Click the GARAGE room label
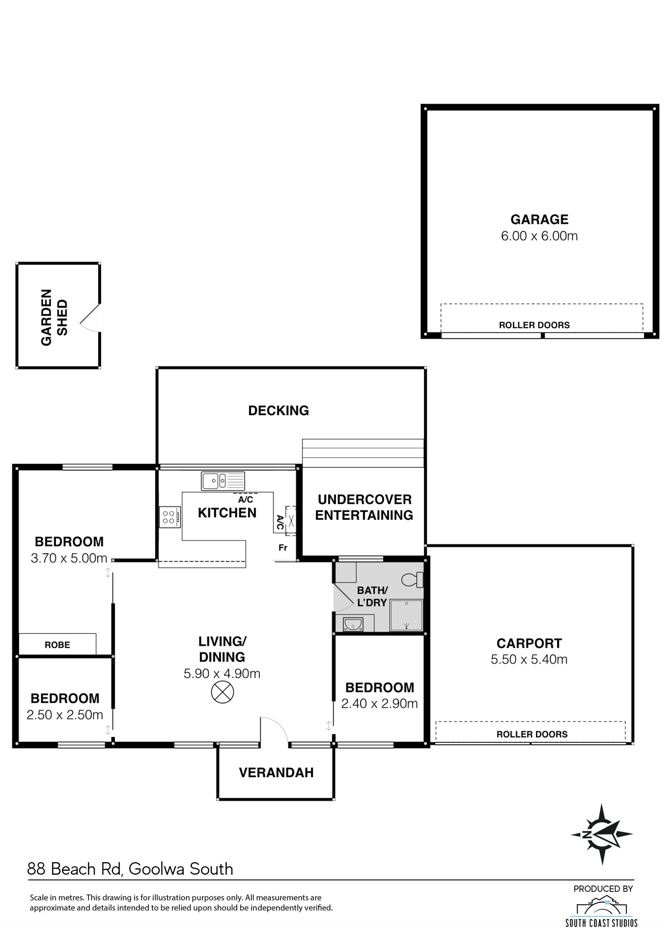539,220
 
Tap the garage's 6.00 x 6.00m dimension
539,236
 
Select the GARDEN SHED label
54,318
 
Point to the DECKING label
278,410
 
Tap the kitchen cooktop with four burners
170,517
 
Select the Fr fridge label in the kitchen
283,548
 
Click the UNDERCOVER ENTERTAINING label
364,507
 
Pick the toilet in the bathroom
412,580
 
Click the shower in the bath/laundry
406,615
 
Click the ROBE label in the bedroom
57,645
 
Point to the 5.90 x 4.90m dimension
222,674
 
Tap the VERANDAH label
276,773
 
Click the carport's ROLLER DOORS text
532,734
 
